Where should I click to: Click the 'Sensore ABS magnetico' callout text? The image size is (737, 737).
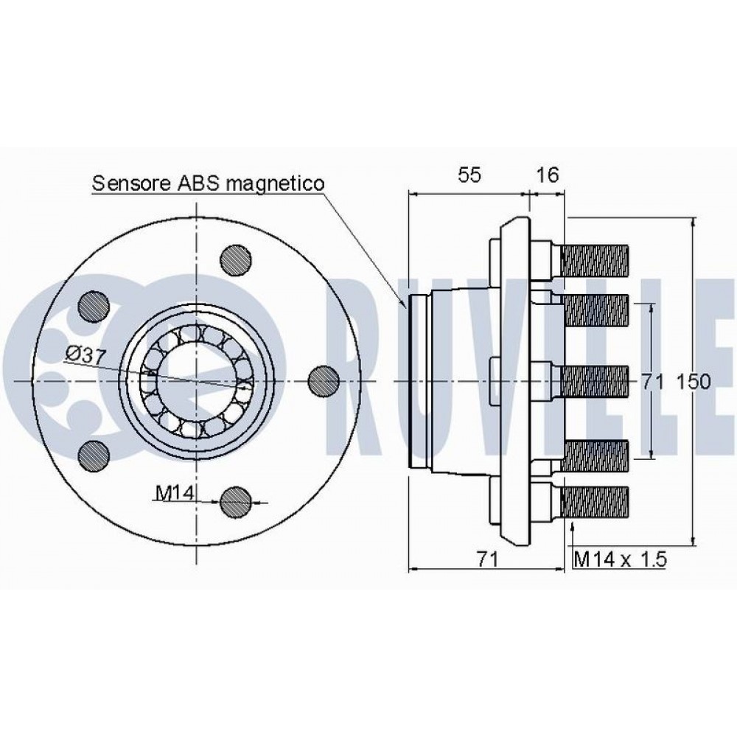pyautogui.click(x=209, y=184)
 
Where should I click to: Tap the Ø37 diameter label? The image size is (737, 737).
pyautogui.click(x=86, y=354)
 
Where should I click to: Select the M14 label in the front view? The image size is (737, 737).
pyautogui.click(x=175, y=493)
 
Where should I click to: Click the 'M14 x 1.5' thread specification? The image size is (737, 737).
pyautogui.click(x=621, y=559)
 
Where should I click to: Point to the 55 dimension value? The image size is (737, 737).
pyautogui.click(x=469, y=175)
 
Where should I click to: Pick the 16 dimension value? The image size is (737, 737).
pyautogui.click(x=548, y=175)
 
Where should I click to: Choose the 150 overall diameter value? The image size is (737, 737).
pyautogui.click(x=694, y=382)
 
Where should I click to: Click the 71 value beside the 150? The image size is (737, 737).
pyautogui.click(x=653, y=382)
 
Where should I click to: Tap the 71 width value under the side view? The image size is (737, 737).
pyautogui.click(x=487, y=559)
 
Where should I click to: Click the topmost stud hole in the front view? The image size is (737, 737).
pyautogui.click(x=236, y=259)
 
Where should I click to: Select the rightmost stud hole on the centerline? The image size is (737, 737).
pyautogui.click(x=324, y=381)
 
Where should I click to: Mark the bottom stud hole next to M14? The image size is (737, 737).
pyautogui.click(x=236, y=502)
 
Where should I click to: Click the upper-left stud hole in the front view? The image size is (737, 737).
pyautogui.click(x=93, y=306)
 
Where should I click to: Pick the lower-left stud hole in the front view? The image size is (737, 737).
pyautogui.click(x=93, y=455)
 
